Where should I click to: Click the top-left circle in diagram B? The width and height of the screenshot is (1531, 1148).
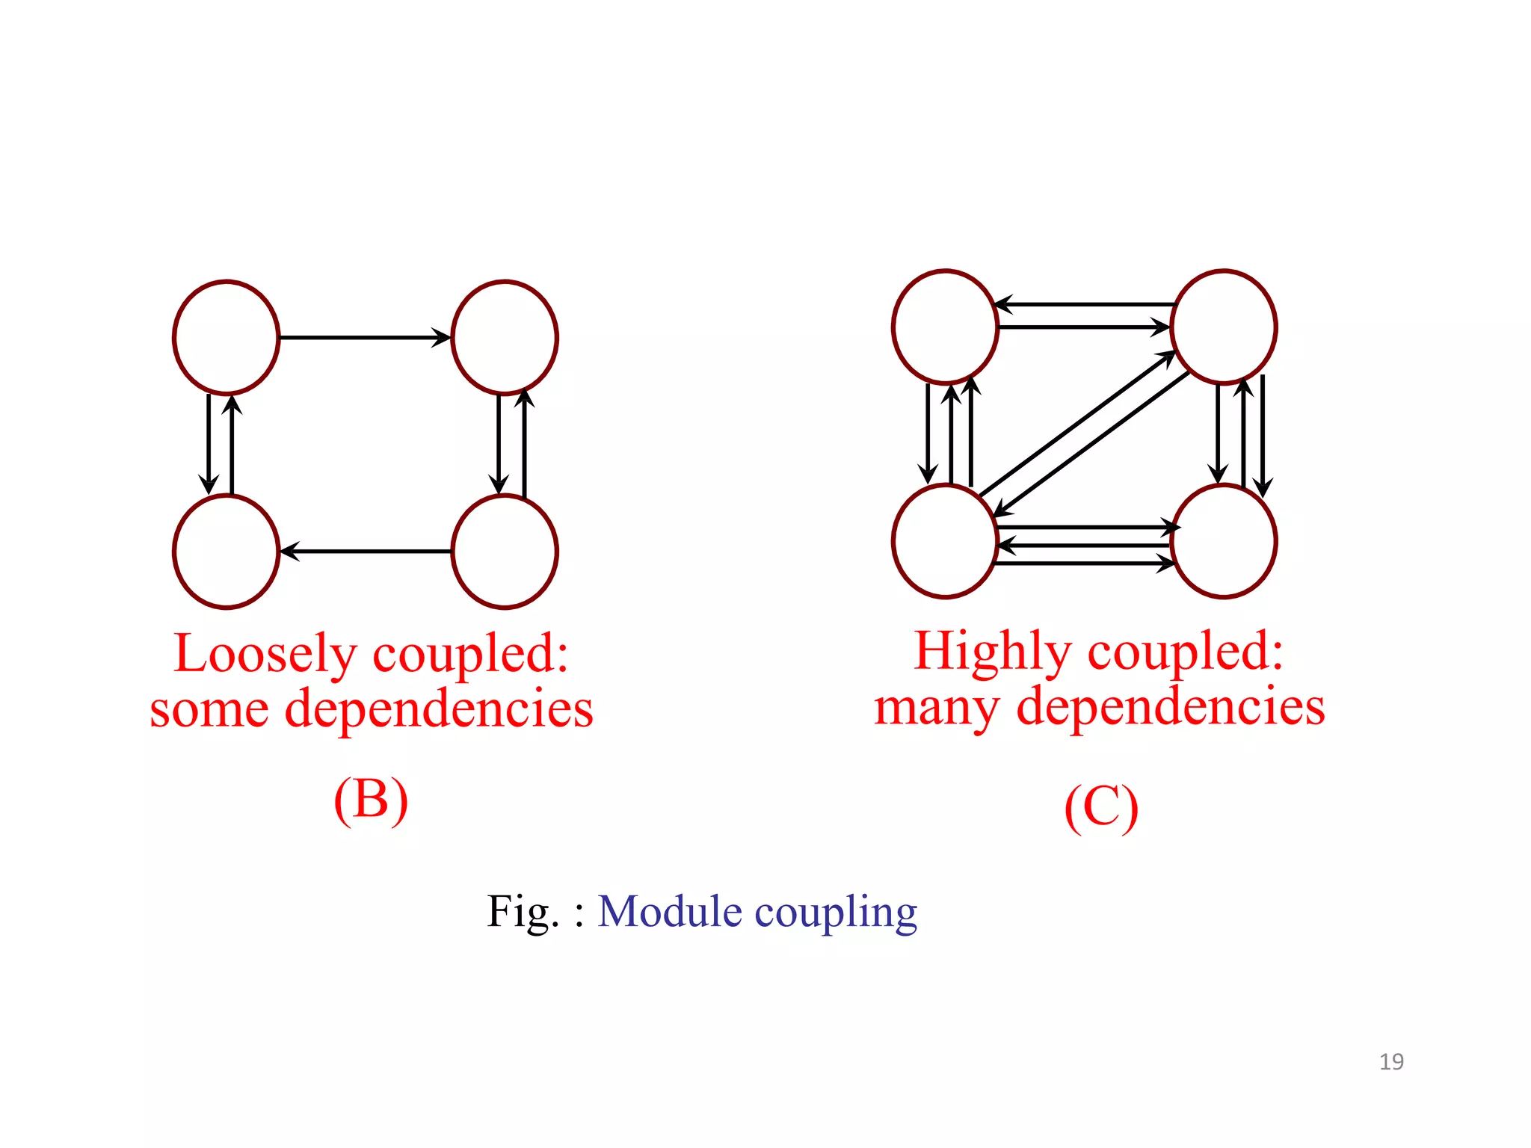[x=226, y=337]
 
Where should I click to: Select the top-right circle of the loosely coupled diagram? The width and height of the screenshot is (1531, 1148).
[x=505, y=337]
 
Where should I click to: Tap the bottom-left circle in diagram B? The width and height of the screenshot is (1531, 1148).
[x=226, y=552]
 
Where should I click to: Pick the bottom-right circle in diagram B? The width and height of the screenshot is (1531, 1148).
[x=505, y=552]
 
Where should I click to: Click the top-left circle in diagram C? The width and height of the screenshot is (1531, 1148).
[x=945, y=327]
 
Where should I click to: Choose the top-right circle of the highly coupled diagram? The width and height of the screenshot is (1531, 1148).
[x=1224, y=327]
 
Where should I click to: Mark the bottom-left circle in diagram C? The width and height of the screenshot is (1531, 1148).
[x=945, y=541]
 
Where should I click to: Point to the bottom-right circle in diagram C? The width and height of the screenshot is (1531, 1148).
[x=1224, y=541]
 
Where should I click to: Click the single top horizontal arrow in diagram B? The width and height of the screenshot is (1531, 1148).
[x=365, y=337]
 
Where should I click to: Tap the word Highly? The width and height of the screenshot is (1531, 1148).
[x=992, y=652]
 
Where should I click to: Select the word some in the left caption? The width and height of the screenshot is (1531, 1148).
[x=209, y=709]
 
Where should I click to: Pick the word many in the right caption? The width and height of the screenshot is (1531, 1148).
[x=937, y=707]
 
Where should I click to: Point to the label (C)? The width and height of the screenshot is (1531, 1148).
[x=1100, y=808]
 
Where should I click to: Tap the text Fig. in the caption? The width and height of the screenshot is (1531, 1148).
[x=523, y=911]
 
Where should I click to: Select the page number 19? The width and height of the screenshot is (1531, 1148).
[x=1391, y=1062]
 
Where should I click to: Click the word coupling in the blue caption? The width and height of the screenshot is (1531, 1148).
[x=836, y=913]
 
